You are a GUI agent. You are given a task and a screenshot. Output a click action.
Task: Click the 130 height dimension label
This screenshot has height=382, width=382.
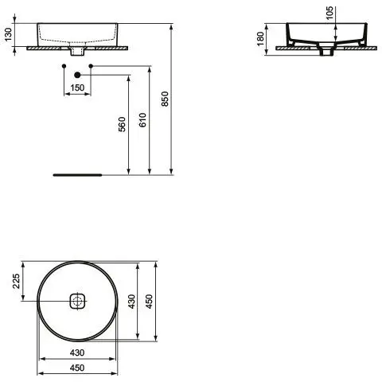(x=9, y=34)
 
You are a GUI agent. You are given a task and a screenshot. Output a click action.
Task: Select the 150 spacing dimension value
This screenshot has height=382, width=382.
(x=77, y=88)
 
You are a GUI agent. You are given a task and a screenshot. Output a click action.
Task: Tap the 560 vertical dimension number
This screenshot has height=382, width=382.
(x=122, y=124)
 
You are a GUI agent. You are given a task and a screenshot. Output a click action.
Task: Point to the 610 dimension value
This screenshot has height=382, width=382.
(x=142, y=120)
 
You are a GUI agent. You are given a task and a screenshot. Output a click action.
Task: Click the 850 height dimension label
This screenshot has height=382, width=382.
(x=165, y=99)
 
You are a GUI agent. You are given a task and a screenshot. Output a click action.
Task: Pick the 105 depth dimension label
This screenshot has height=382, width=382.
(x=329, y=13)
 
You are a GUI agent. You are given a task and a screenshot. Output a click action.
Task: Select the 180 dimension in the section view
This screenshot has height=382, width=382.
(x=261, y=39)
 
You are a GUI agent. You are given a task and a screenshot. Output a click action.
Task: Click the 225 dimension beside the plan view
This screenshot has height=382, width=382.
(x=16, y=281)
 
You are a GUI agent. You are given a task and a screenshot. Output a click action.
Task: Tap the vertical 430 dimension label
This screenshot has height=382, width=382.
(x=131, y=302)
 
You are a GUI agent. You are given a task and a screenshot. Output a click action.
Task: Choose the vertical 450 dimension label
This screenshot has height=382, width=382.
(x=150, y=302)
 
